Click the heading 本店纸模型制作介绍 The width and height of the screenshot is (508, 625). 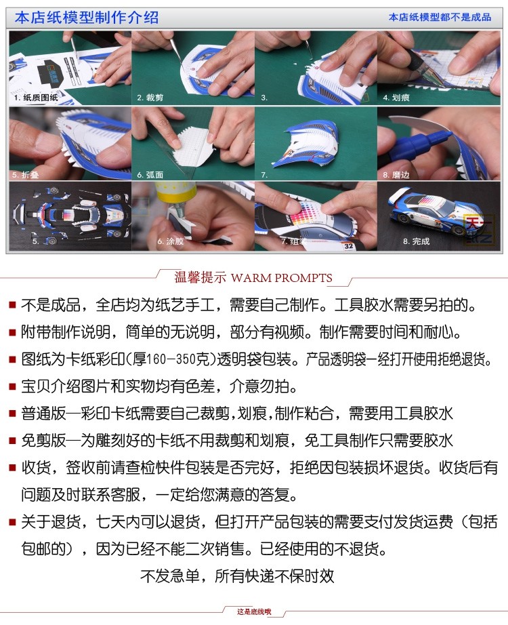point(87,18)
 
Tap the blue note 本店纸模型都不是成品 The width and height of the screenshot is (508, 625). point(440,17)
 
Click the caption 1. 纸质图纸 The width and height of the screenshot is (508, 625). point(36,97)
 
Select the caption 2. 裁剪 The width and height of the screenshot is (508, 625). point(150,97)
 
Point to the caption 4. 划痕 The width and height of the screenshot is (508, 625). point(396,97)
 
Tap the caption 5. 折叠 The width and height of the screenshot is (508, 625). point(25,175)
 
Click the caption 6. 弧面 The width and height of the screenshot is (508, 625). point(150,175)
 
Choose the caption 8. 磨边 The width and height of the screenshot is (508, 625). point(396,175)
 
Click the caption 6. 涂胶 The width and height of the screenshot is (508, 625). point(171,241)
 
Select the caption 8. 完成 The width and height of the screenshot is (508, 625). point(417,241)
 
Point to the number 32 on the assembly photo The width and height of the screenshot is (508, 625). point(349,246)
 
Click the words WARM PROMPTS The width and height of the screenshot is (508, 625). point(281,278)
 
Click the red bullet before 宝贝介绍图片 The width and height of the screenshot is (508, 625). point(13,387)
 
